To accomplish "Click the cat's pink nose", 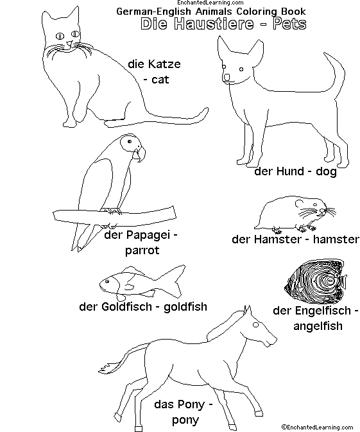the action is [x=70, y=43].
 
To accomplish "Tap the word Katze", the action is [x=164, y=64].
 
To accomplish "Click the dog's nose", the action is [x=227, y=78].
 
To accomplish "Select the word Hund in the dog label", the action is [x=290, y=171].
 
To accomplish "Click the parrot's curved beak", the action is [x=140, y=154].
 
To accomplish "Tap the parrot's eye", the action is [x=130, y=141].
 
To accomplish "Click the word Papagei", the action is [x=148, y=236].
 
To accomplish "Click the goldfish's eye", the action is [x=107, y=281].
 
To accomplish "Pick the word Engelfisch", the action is [x=323, y=311].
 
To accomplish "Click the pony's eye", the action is [x=256, y=325].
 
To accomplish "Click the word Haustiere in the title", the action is [x=214, y=24].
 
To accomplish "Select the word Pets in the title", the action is [x=289, y=24].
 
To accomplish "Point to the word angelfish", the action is [x=318, y=326].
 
